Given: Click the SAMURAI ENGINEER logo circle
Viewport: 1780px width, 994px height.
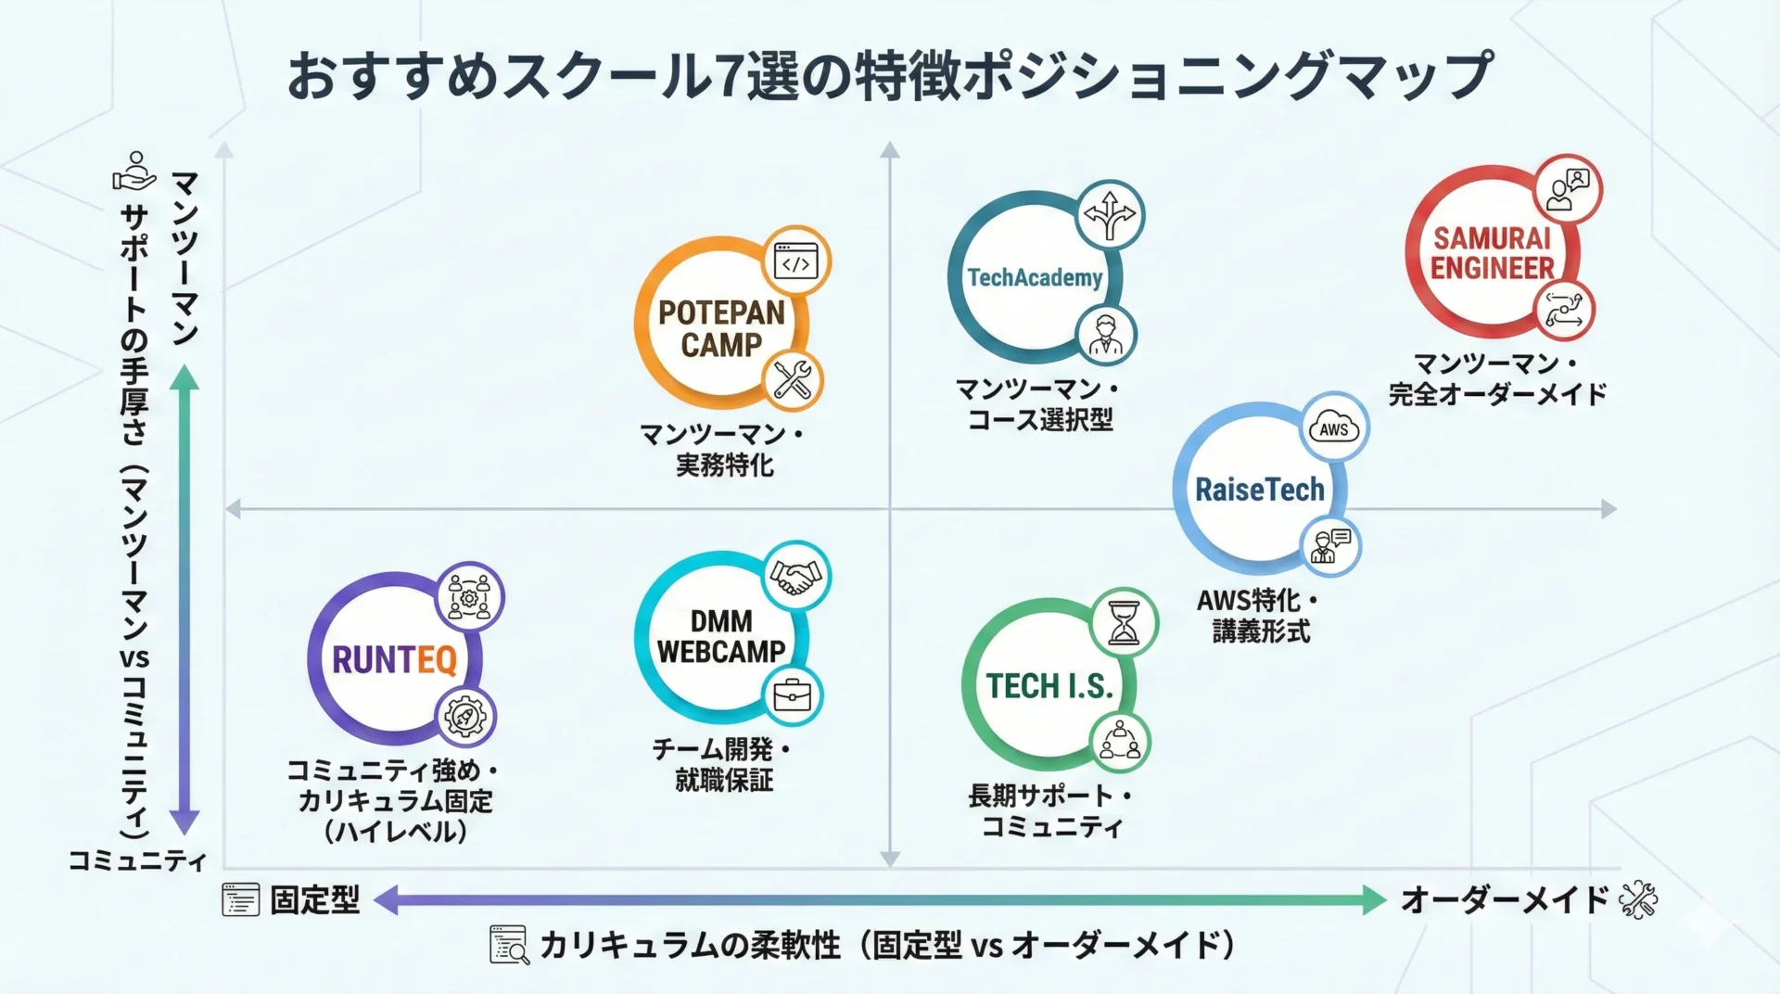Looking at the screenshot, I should click(x=1491, y=253).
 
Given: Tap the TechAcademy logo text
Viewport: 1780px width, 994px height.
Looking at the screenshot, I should click(x=1035, y=277).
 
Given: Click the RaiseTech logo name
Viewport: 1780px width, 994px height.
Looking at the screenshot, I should click(x=1259, y=489).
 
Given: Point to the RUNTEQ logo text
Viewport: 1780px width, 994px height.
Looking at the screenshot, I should click(x=394, y=660).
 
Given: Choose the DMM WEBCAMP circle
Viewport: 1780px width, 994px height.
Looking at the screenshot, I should click(x=721, y=637).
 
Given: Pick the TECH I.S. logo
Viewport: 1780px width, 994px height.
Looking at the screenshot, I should click(x=1049, y=686).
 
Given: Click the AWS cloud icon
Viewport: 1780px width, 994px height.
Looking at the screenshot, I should click(x=1333, y=428).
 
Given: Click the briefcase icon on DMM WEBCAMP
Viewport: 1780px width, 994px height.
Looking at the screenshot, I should click(x=792, y=695).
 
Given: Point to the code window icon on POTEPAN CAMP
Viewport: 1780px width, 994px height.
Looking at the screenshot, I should click(x=796, y=261).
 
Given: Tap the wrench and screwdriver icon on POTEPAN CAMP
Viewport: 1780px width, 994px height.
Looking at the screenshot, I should click(x=792, y=380).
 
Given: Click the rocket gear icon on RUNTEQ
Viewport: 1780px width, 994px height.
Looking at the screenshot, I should click(x=465, y=717).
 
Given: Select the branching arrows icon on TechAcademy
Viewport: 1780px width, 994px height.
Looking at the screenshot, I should click(x=1110, y=215).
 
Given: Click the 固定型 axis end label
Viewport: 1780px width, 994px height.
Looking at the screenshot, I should click(x=314, y=899).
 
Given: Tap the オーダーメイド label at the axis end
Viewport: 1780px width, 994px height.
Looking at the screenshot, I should click(x=1504, y=899).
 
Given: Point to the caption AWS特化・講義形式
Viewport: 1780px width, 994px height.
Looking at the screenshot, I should click(x=1259, y=616).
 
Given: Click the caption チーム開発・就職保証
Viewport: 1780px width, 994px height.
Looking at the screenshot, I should click(x=723, y=764).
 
